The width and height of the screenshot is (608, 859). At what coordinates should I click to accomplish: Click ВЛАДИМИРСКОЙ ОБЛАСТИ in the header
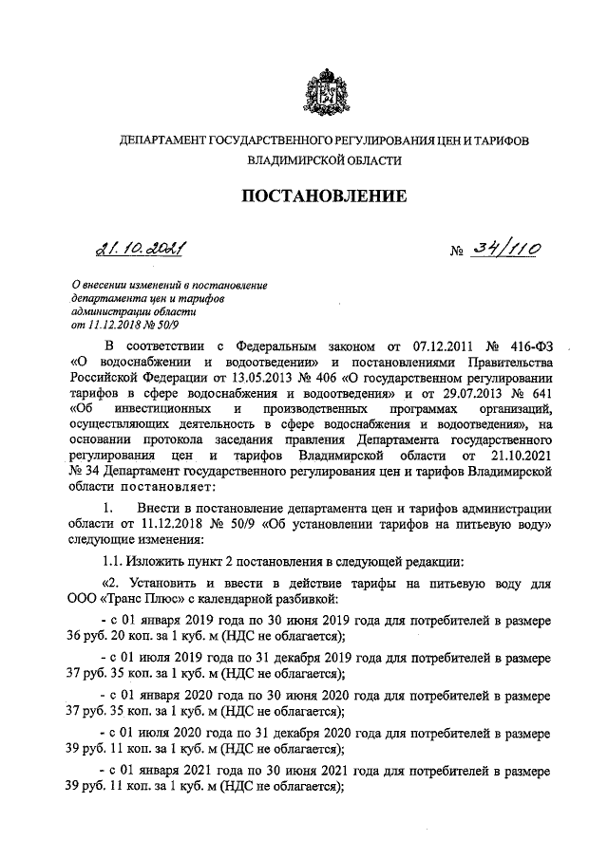324,161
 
